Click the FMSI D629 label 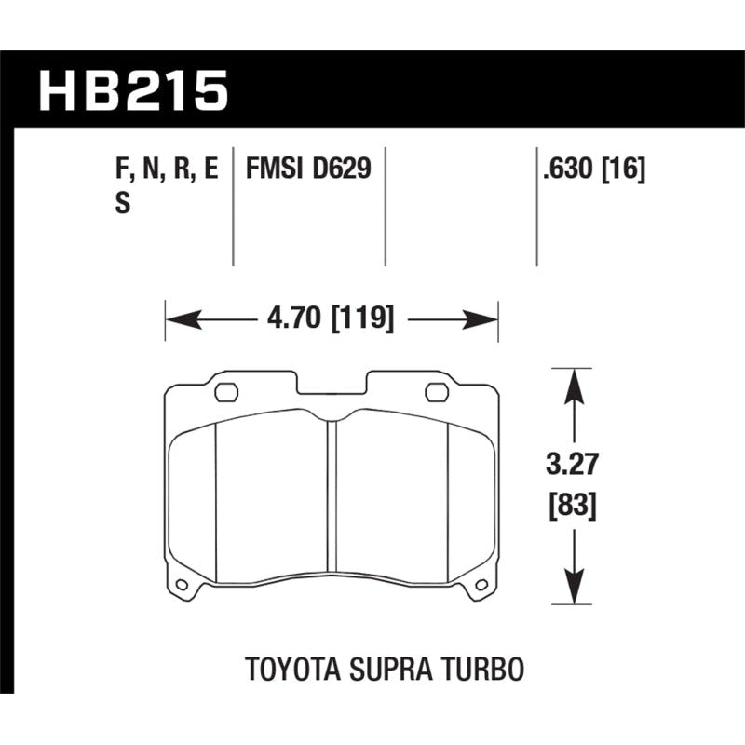[308, 169]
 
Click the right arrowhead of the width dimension [487, 320]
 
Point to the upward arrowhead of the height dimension [570, 382]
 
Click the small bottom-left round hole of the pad [182, 586]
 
